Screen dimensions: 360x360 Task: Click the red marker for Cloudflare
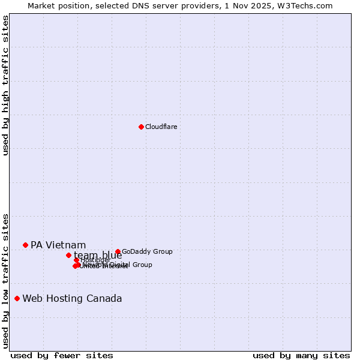pos(141,127)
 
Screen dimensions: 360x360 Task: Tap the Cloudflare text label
pos(161,127)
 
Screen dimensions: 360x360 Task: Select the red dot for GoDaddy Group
pos(118,252)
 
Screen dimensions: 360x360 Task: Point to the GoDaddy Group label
pos(147,252)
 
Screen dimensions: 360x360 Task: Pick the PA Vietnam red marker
pos(25,245)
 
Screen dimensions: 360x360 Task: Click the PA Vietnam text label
pos(58,245)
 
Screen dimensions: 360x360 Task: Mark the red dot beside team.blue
pos(68,255)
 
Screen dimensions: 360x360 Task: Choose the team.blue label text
pos(98,256)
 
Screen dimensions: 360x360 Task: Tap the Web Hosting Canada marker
pos(17,298)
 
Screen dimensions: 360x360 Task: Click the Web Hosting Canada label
pos(72,298)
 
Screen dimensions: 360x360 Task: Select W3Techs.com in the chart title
pos(309,5)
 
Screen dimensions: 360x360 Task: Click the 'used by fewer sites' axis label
pos(62,355)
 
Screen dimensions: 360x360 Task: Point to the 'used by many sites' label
pos(301,355)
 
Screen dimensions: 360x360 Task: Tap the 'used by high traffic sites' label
pos(5,85)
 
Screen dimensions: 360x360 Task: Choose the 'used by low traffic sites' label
pos(5,281)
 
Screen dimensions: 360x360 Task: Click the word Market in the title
pos(43,5)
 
